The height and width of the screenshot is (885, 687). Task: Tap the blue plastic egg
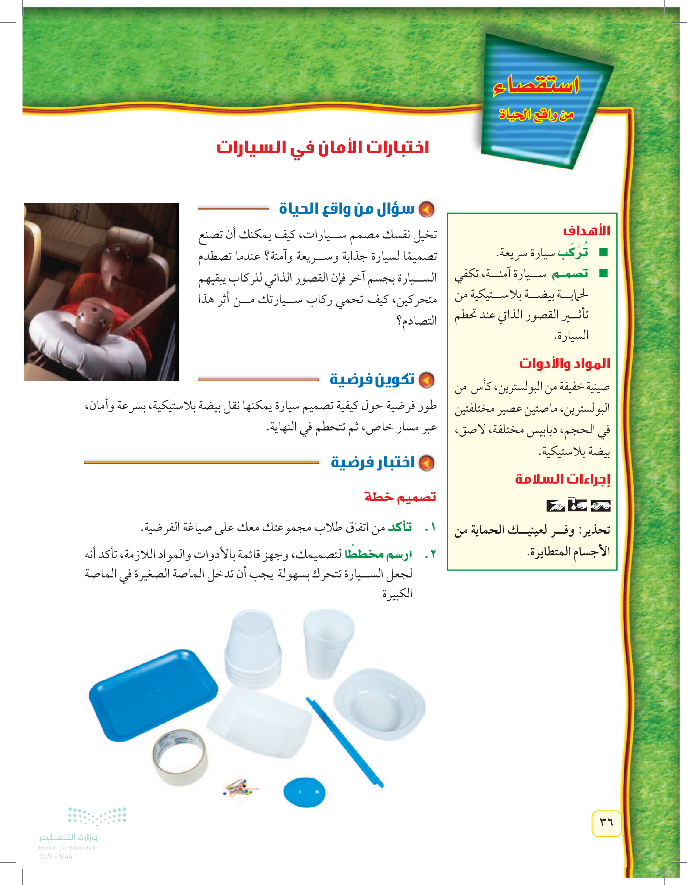(304, 792)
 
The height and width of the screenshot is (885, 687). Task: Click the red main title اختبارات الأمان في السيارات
(323, 147)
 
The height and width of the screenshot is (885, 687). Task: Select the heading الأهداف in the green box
(586, 232)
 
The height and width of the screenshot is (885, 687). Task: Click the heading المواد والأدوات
(564, 363)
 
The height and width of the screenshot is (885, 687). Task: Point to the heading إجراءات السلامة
(562, 479)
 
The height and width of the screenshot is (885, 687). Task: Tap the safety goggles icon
(600, 506)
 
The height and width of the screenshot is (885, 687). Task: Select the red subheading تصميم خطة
(400, 497)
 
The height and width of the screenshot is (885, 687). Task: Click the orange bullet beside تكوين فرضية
(426, 380)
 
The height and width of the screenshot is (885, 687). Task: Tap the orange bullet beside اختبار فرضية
(426, 463)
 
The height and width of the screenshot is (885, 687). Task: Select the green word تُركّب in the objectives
(572, 252)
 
